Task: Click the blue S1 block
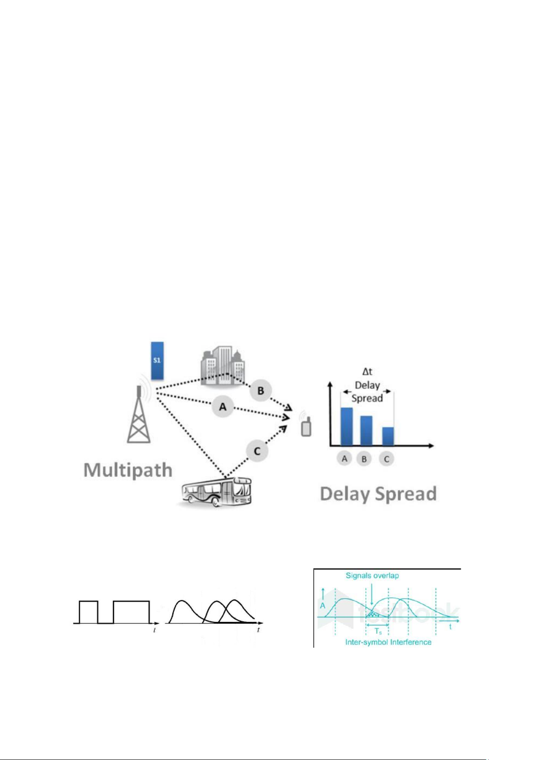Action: [x=157, y=361]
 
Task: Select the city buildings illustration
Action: [x=223, y=366]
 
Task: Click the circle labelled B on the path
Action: [x=261, y=391]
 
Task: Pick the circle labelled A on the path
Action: [x=223, y=406]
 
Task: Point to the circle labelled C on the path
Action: [x=257, y=451]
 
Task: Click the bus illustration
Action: [x=217, y=492]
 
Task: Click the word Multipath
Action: [x=128, y=470]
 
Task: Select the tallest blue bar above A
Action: [x=347, y=427]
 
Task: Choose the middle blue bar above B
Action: [x=366, y=431]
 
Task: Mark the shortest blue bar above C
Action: [x=388, y=436]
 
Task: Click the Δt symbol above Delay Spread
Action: [x=367, y=372]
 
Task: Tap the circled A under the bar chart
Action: [x=344, y=459]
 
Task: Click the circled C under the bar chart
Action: [x=386, y=460]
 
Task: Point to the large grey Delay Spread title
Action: [x=378, y=494]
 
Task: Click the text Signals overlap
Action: [x=372, y=576]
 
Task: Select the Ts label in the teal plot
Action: [x=378, y=631]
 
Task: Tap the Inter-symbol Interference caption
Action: [x=388, y=642]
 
